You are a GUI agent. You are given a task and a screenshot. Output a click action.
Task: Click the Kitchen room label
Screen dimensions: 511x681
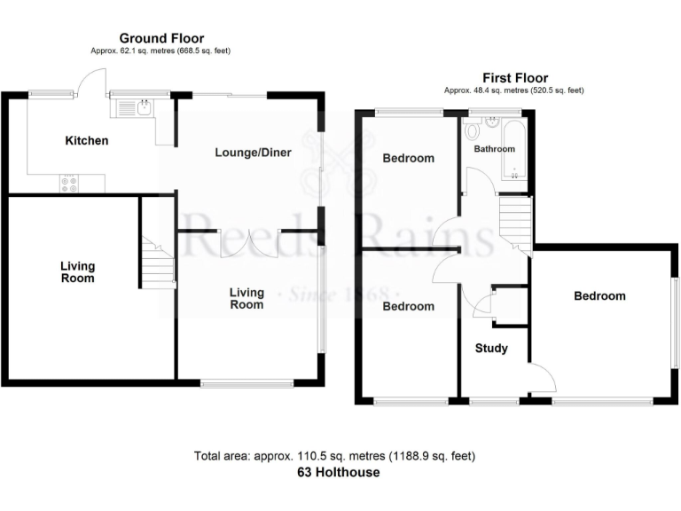(86, 140)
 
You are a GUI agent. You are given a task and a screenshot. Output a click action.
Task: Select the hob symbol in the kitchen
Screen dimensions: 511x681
(68, 184)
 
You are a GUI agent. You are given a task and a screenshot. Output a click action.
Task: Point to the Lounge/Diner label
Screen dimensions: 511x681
(253, 152)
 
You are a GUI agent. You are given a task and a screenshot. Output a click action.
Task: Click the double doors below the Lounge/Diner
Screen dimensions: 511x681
(250, 243)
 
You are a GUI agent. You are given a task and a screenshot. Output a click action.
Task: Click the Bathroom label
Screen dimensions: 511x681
(494, 149)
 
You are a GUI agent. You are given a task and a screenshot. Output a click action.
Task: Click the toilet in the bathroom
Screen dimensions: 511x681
(471, 130)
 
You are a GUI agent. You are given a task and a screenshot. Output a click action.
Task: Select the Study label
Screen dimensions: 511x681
(490, 348)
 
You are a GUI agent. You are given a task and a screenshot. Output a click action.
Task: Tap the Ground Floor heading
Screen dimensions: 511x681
(161, 38)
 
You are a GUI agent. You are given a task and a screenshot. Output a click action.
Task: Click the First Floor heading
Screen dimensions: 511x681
(514, 78)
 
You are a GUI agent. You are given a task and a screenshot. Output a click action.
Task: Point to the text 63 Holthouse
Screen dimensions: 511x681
(338, 472)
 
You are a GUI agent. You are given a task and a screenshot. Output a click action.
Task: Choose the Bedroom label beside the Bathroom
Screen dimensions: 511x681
(408, 158)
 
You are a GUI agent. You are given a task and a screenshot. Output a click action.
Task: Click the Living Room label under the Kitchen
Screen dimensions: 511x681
(77, 271)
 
